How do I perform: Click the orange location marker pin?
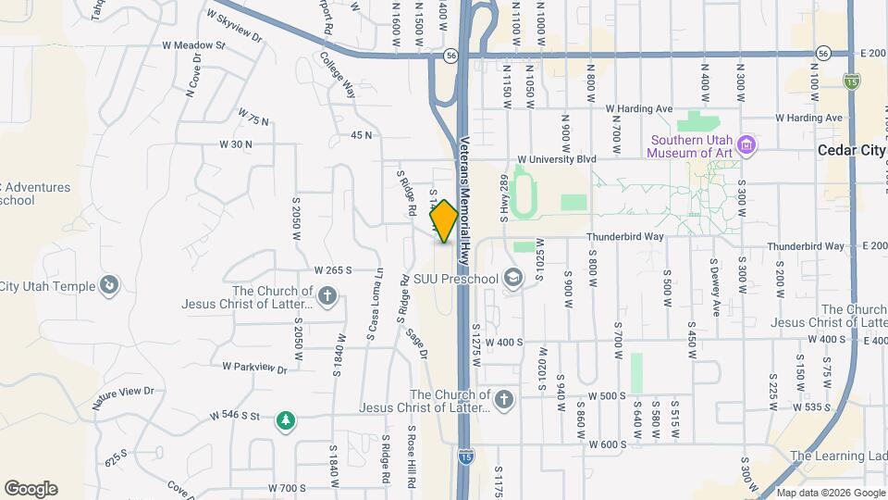coord(444,221)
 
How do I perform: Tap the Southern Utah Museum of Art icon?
coord(748,146)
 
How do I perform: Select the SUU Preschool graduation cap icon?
coord(512,279)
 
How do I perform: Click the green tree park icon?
coord(286,421)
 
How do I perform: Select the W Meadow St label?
coord(193,44)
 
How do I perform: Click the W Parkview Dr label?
coord(254,367)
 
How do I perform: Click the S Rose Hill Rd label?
coord(412,456)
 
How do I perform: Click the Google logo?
coord(31,489)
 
